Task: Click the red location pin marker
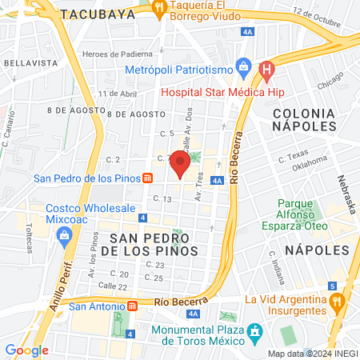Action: tap(181, 163)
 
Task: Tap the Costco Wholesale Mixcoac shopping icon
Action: tap(65, 236)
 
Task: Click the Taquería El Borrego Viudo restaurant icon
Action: tap(159, 8)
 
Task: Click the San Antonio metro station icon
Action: tap(132, 306)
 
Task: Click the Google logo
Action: tap(26, 350)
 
